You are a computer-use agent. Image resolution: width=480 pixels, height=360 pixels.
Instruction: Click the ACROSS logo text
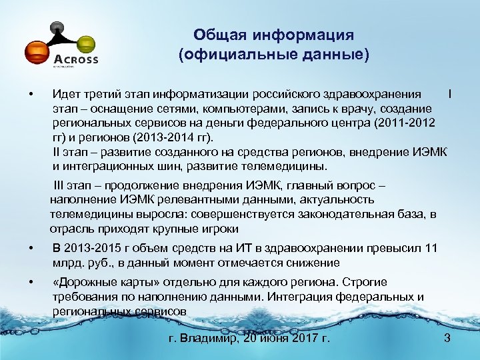75,59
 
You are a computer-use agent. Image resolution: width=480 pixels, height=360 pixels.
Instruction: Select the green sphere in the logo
85,44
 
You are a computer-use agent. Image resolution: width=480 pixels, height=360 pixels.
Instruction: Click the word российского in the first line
291,94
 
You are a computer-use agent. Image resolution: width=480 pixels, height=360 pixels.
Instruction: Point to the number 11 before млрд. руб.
431,249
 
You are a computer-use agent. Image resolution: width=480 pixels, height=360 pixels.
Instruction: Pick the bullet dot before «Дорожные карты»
31,283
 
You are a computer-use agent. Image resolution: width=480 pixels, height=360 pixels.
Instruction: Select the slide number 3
447,339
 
